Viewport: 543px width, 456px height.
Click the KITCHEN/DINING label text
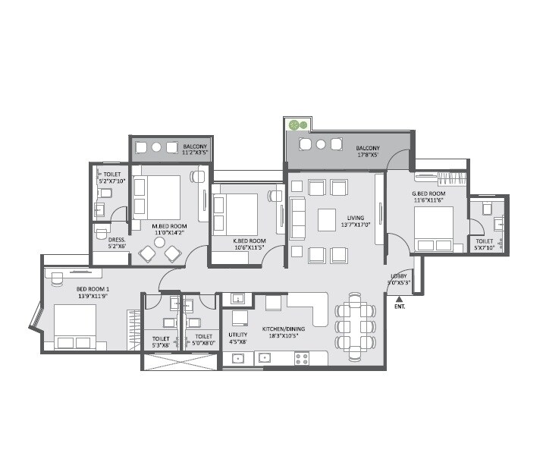click(283, 329)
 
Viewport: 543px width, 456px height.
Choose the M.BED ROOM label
click(169, 226)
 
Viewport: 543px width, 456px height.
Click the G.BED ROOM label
click(428, 193)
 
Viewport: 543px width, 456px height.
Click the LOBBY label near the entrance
click(399, 276)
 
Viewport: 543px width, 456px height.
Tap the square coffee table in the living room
click(327, 219)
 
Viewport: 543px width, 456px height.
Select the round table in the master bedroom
click(159, 243)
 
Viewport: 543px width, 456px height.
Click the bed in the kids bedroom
click(236, 214)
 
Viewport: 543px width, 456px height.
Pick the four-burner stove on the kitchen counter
click(302, 357)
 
